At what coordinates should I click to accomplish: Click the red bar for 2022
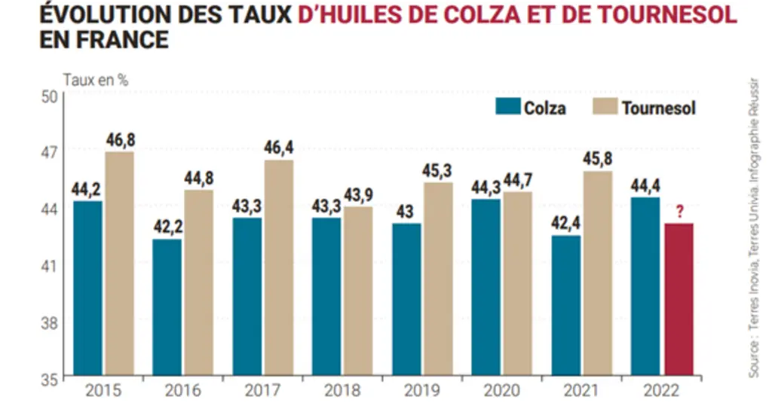(679, 299)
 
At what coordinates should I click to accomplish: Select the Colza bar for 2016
(167, 307)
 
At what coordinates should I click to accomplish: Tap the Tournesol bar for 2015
(120, 263)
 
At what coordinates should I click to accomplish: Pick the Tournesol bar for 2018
(358, 291)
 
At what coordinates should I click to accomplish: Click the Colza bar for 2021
(565, 305)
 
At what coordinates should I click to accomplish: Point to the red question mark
(679, 212)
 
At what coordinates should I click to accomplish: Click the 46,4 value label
(279, 148)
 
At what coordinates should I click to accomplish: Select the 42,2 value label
(168, 227)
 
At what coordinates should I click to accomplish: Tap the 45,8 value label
(598, 158)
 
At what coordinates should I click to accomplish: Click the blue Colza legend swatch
(507, 106)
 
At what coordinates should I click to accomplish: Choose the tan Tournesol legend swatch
(605, 106)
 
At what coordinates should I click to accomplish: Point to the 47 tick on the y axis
(49, 152)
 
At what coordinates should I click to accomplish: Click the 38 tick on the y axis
(49, 323)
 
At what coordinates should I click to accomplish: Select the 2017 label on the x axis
(262, 391)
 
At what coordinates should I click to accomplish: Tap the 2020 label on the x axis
(501, 391)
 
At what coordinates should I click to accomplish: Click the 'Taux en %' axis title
(96, 80)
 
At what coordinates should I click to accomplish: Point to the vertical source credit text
(754, 228)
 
